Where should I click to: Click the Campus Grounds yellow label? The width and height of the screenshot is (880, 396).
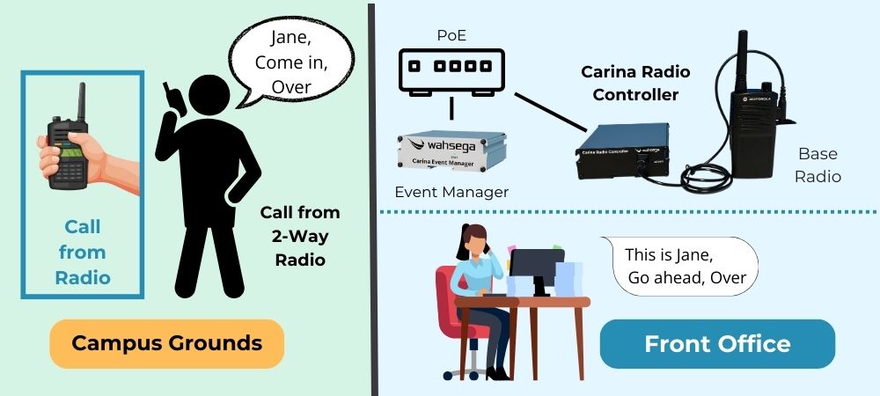click(166, 343)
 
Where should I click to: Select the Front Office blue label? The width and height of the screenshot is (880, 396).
click(717, 343)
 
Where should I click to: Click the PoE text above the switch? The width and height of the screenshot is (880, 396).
click(452, 35)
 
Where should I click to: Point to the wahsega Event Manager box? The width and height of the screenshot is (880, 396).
click(451, 148)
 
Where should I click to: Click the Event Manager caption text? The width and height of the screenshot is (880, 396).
click(451, 191)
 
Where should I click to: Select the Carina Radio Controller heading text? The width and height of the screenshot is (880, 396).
click(635, 83)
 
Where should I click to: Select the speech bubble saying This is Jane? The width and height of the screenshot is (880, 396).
click(685, 266)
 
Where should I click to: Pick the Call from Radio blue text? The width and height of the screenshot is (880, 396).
click(83, 253)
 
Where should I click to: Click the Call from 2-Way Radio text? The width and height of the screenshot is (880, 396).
click(299, 236)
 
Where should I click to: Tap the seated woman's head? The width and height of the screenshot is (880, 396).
click(474, 238)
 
